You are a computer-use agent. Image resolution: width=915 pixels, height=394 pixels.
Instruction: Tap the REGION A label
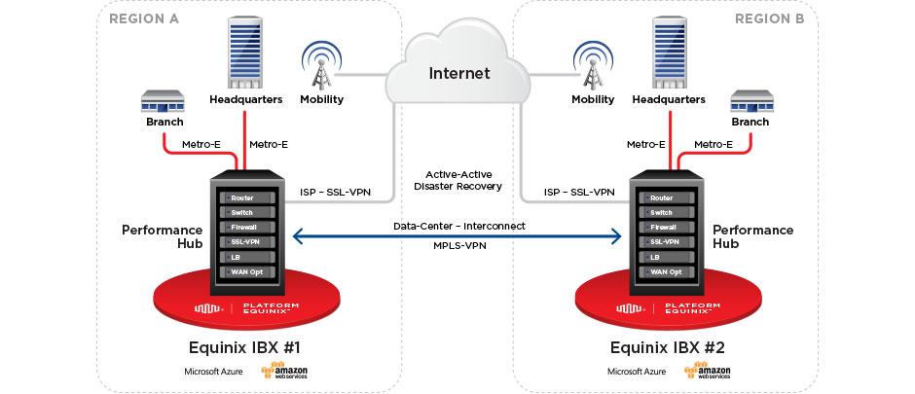[x=143, y=18]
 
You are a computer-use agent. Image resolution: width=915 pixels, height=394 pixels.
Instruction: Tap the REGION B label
[x=770, y=18]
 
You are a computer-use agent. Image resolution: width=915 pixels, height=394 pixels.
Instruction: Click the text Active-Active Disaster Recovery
[x=457, y=180]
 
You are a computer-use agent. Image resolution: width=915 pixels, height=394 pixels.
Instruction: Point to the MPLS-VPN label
[x=458, y=246]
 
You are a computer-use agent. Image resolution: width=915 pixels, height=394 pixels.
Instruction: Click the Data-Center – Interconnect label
[x=458, y=226]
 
